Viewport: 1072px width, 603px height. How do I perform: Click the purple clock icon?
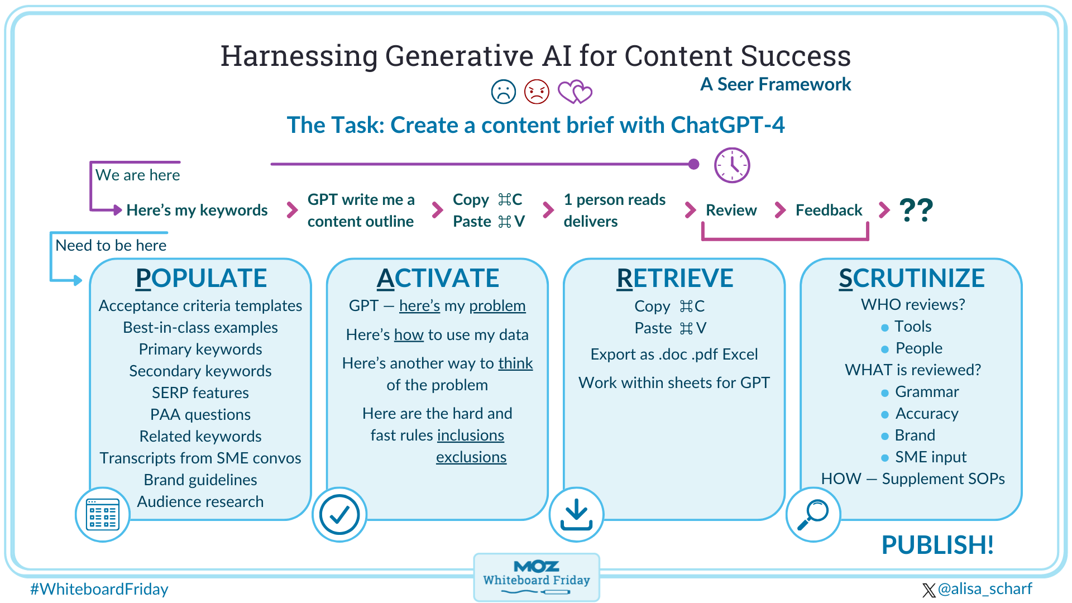click(732, 165)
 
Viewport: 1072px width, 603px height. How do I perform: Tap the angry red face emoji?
click(537, 92)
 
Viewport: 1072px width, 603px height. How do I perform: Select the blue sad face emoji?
click(503, 92)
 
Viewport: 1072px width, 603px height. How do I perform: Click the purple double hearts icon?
click(575, 92)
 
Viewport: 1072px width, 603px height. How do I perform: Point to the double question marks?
click(916, 210)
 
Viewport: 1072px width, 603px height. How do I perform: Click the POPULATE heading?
click(201, 278)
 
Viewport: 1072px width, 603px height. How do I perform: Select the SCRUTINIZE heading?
click(911, 278)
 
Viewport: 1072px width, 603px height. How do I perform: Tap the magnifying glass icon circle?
click(813, 514)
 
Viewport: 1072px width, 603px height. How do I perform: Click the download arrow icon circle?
click(576, 514)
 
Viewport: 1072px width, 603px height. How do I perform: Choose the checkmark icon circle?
click(339, 514)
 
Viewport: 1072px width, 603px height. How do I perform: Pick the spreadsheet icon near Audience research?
click(103, 514)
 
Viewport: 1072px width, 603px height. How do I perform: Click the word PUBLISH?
click(937, 545)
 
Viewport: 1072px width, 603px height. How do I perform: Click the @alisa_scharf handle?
click(984, 589)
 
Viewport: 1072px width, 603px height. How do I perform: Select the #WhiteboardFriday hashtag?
click(99, 589)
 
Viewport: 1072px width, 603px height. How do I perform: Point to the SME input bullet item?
click(930, 457)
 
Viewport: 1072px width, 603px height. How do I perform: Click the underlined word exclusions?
click(471, 457)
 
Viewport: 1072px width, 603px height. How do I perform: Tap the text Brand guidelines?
click(200, 480)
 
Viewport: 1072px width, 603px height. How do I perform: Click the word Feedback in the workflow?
click(829, 210)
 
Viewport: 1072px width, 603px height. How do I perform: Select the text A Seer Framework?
click(776, 84)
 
